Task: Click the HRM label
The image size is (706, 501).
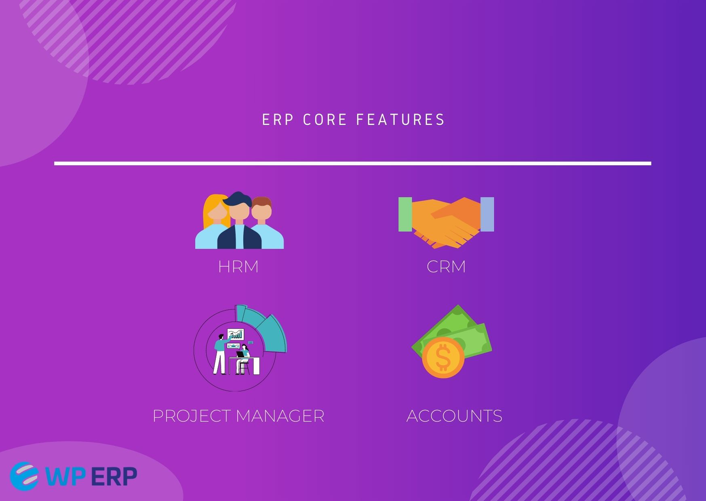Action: point(238,267)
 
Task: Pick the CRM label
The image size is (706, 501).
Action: point(446,267)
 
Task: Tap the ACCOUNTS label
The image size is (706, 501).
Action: point(454,416)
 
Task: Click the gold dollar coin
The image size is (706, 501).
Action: point(443,357)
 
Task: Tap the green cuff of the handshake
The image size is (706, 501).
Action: point(405,214)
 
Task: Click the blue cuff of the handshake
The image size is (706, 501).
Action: point(487,214)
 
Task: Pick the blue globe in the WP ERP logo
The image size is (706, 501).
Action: point(24,476)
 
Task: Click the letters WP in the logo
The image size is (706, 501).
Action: point(65,477)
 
